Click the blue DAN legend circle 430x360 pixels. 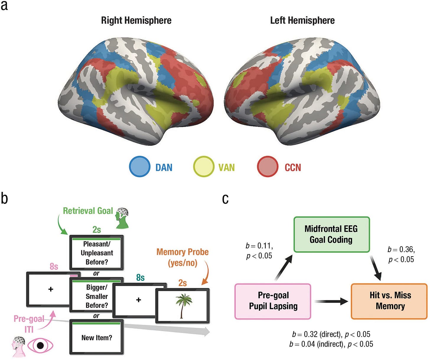[140, 167]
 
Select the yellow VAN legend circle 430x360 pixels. [203, 167]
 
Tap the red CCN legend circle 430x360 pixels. [268, 167]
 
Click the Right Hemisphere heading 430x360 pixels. [136, 20]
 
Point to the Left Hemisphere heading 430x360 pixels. [302, 20]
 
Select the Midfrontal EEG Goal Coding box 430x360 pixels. [331, 234]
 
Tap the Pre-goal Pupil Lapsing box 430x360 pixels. [273, 301]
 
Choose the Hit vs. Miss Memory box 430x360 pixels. [389, 301]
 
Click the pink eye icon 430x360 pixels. [40, 345]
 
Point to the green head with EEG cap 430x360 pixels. [122, 218]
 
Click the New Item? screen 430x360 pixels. [97, 338]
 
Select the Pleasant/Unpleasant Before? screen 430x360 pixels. [97, 253]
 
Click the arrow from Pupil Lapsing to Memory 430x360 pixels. [331, 301]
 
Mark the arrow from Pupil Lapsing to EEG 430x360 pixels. [284, 267]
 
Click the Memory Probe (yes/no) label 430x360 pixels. [183, 257]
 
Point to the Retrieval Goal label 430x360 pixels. [88, 211]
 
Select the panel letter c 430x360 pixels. [225, 199]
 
